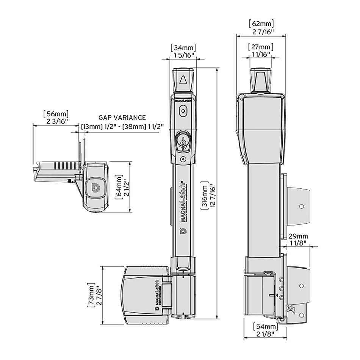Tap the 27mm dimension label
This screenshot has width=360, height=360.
(x=261, y=47)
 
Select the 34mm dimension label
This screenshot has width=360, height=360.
(x=183, y=48)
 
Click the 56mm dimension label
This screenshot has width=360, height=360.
(x=56, y=114)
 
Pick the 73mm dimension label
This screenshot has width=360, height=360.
(x=91, y=294)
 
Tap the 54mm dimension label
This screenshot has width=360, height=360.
(x=265, y=326)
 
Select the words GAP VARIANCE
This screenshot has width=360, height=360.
(x=122, y=118)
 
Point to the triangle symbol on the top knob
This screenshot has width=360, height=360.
(x=183, y=80)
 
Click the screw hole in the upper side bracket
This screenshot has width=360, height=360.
(x=301, y=207)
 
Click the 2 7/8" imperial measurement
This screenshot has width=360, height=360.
(x=99, y=294)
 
